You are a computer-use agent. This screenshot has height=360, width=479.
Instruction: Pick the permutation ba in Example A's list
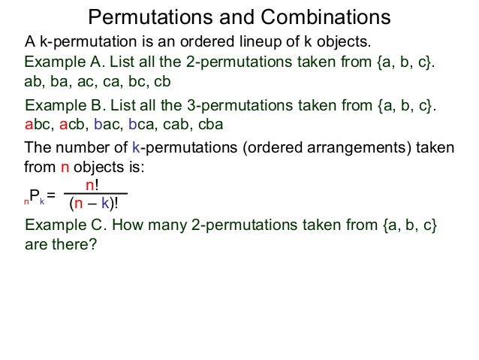click(61, 82)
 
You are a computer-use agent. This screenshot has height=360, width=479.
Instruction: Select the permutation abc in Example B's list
click(37, 125)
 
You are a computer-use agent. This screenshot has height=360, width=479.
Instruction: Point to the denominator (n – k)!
click(94, 203)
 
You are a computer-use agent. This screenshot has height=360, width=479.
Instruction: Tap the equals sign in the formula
click(51, 198)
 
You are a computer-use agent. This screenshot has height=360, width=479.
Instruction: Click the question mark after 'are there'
click(93, 245)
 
